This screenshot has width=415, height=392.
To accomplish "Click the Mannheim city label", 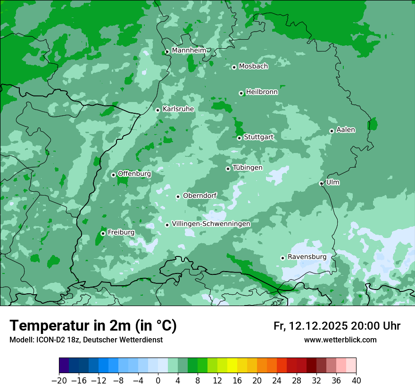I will coord(189,50).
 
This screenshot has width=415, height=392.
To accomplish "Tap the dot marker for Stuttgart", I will coord(239,138).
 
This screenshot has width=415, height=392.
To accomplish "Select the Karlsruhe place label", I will coord(178,109).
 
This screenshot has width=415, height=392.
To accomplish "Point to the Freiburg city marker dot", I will coord(103,233).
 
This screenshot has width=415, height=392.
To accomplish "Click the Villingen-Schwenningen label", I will coord(211,223).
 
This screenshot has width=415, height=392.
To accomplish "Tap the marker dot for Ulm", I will coord(321,183).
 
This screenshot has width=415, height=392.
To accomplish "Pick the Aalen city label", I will coord(346,129).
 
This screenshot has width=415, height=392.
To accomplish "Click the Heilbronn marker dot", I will coord(241,93).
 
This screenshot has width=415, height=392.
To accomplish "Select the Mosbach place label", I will coord(253,66).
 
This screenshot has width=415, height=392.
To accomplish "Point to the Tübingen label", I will coord(248,167).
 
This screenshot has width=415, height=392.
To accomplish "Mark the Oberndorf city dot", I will coord(178,196).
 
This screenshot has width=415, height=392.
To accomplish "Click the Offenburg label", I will coord(134,173).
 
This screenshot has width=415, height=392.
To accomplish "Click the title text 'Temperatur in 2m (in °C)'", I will coord(93,325).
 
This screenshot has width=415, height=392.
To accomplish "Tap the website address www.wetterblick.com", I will coord(340,340).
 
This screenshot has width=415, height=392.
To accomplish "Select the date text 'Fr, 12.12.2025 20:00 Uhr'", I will coord(337,326).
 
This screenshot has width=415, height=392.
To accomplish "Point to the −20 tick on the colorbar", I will coord(59,381).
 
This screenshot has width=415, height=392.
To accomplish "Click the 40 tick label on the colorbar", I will coord(356,381).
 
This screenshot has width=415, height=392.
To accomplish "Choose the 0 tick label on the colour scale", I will coord(158,381).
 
